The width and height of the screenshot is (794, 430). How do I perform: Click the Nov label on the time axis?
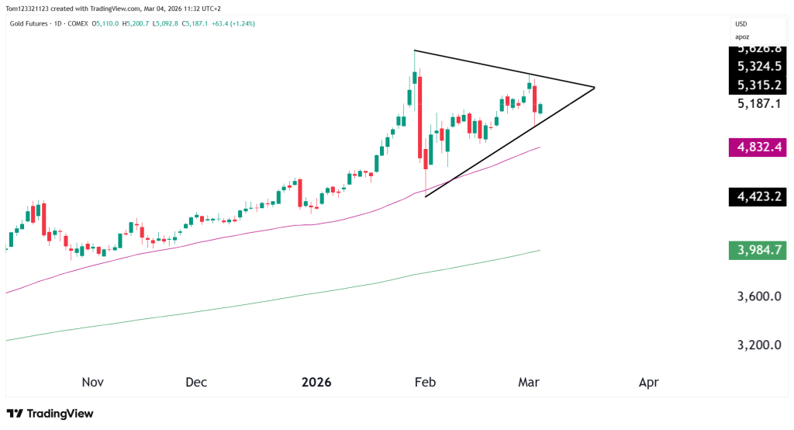92,382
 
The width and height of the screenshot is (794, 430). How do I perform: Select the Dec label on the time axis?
196,382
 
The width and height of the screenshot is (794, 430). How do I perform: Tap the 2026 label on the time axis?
316,382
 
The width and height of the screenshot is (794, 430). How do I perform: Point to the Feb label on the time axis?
425,382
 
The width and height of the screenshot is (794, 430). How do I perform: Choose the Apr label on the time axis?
648,382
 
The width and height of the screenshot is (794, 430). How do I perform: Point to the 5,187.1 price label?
760,103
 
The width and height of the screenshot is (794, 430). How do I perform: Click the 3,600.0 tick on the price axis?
760,296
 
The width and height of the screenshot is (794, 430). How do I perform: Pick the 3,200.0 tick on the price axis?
760,345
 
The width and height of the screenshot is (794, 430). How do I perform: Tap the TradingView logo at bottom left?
50,414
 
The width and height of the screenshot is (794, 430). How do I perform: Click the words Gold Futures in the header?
28,23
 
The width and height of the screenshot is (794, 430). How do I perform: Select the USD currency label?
742,23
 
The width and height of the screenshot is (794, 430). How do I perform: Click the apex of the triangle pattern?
594,88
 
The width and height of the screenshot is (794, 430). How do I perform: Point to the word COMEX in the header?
76,23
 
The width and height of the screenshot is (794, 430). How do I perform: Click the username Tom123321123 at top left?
29,7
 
